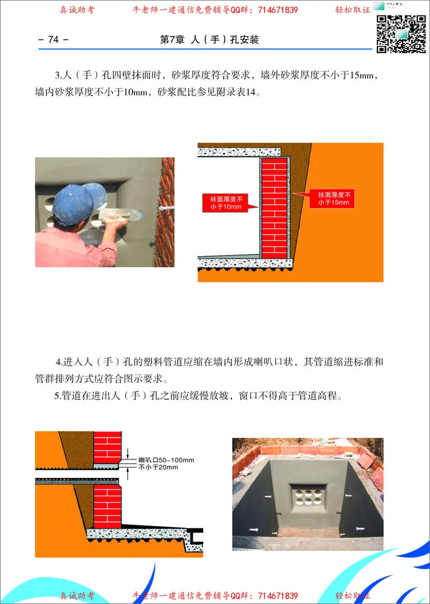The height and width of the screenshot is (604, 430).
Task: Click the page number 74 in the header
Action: click(53, 40)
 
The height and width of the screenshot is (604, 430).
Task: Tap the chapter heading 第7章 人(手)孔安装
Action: click(210, 40)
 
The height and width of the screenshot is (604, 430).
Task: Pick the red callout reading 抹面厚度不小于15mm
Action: click(333, 199)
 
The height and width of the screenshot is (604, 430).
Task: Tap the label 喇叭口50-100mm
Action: click(166, 460)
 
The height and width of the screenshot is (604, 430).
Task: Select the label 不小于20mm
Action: click(158, 468)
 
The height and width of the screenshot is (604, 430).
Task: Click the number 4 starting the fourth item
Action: click(58, 361)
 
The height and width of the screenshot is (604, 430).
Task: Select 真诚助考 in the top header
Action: click(77, 10)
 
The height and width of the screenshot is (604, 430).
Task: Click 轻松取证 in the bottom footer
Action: click(353, 596)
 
